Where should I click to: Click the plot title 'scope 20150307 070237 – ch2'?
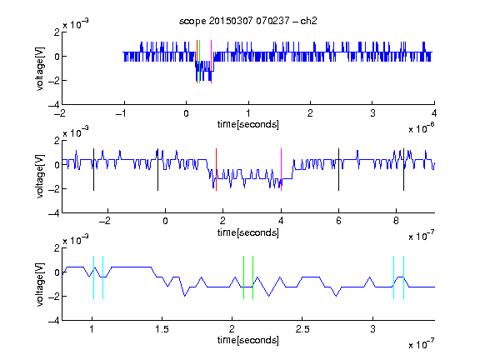pos(248,21)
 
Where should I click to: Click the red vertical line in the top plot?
pos(197,62)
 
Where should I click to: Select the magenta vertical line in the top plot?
pos(211,62)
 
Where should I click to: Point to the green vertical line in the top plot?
pos(200,62)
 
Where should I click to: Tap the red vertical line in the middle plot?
pos(216,170)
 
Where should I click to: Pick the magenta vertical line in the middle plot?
pos(281,170)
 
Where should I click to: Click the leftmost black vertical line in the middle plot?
pos(93,170)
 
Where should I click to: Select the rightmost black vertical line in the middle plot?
pos(403,170)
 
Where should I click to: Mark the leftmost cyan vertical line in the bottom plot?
pos(93,277)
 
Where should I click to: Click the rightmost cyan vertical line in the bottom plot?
pos(403,277)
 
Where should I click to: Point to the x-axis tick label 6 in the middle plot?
pos(338,221)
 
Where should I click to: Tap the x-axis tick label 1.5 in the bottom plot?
pos(162,329)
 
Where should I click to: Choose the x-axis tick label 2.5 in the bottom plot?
pos(302,329)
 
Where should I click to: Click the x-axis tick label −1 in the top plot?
pos(121,113)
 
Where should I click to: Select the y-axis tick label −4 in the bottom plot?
pos(53,321)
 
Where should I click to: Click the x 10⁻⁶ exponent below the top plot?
pos(422,128)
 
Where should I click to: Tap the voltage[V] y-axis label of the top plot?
pos(40,68)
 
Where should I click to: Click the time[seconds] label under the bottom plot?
pos(248,340)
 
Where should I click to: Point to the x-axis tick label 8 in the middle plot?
pos(396,221)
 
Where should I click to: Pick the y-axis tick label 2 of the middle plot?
pos(57,141)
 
